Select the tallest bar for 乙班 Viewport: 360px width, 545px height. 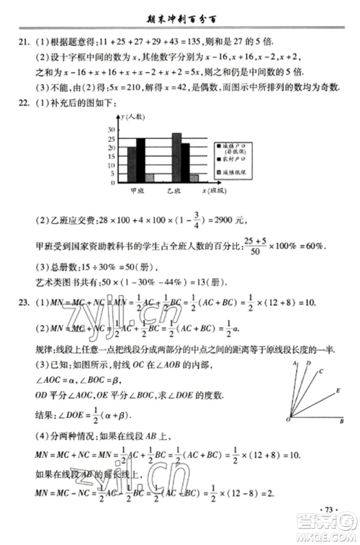[176, 158]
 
